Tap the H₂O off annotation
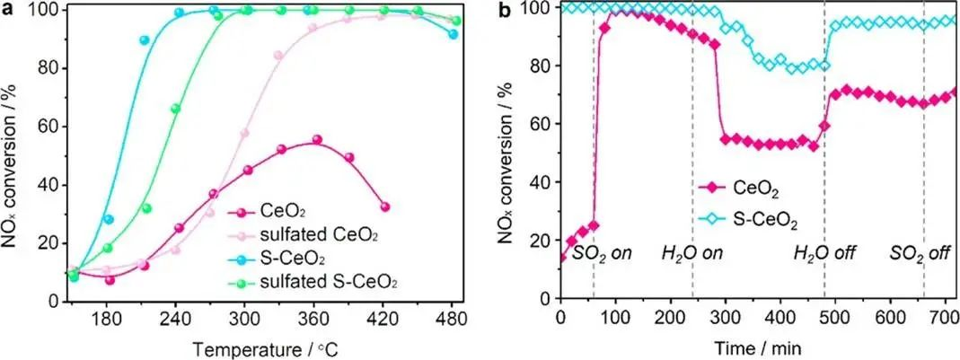[x=824, y=253]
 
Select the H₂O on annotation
[x=691, y=253]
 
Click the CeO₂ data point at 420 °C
[x=385, y=206]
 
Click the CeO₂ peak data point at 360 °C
[x=317, y=140]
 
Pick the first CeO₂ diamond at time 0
[x=562, y=257]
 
